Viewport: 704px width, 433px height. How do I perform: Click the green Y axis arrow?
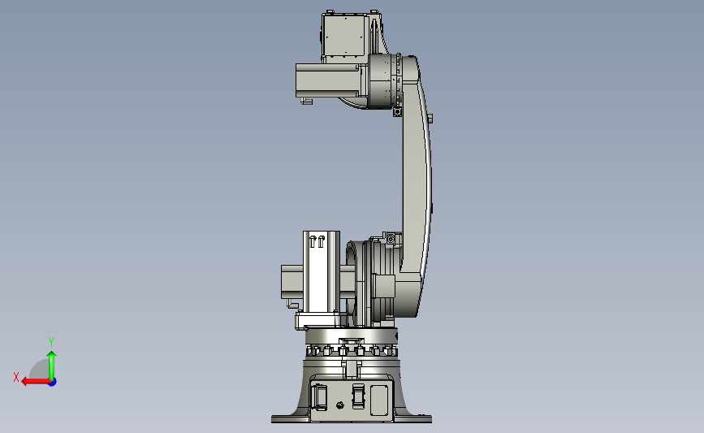(52, 366)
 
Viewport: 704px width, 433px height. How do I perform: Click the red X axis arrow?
(36, 382)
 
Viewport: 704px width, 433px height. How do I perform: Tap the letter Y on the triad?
(50, 342)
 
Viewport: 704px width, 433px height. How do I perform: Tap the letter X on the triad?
(16, 377)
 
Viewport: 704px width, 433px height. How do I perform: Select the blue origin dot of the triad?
(53, 383)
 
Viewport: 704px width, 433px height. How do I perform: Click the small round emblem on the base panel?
(340, 405)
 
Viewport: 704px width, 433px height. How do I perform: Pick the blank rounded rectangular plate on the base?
(379, 400)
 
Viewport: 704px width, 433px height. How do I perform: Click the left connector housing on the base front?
(320, 396)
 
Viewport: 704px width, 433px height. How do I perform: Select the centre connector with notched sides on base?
(358, 396)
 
